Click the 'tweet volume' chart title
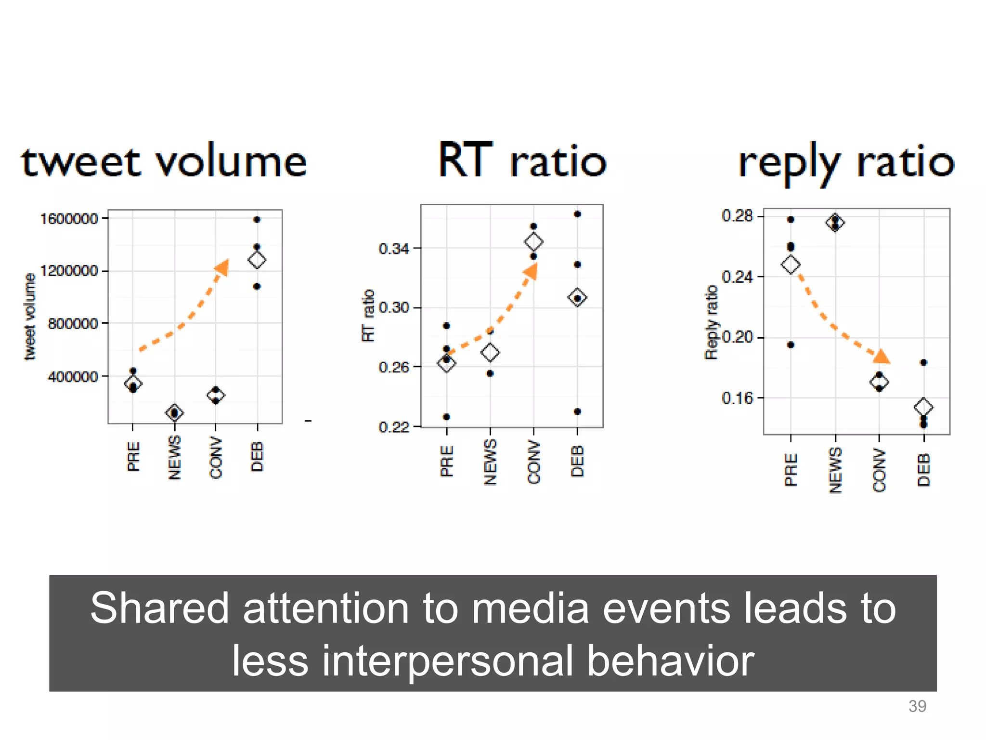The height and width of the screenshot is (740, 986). (164, 162)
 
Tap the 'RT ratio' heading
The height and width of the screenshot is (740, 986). (522, 161)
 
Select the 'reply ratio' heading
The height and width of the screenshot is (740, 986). (846, 163)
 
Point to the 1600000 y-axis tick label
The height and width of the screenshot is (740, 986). (69, 219)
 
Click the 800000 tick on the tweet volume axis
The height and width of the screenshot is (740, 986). (73, 323)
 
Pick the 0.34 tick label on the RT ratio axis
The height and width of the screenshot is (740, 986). (393, 249)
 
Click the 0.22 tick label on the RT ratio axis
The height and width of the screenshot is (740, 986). (393, 427)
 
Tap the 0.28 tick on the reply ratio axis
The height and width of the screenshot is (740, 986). (737, 216)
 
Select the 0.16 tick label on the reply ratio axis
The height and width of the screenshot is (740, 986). (737, 398)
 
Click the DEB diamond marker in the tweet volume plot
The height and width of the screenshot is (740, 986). (257, 260)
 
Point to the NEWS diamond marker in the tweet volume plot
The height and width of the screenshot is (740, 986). (174, 413)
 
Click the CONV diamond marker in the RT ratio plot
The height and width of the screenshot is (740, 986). (533, 241)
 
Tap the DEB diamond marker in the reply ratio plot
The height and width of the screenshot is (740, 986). (923, 407)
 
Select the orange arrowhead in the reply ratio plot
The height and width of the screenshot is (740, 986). (882, 357)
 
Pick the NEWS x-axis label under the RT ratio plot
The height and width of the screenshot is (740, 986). (490, 462)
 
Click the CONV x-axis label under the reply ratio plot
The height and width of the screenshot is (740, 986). (880, 470)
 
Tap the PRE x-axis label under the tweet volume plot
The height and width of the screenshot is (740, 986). (133, 456)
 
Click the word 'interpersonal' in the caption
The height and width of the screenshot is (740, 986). (448, 661)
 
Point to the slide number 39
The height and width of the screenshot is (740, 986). (917, 706)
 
